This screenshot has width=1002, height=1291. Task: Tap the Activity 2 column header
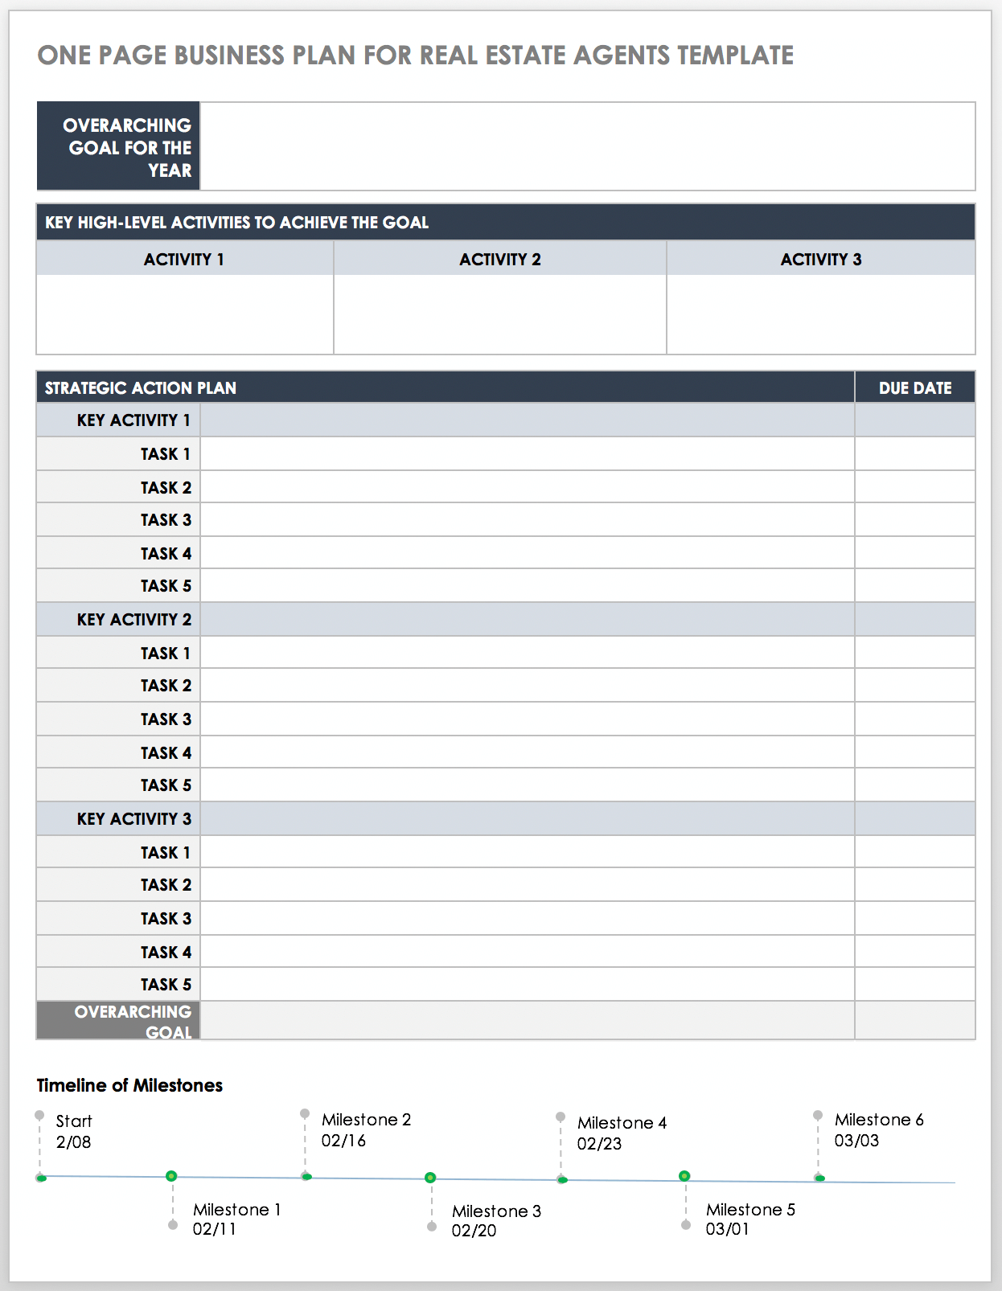click(500, 260)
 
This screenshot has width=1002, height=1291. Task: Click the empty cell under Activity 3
click(820, 314)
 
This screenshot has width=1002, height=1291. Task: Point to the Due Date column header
click(915, 388)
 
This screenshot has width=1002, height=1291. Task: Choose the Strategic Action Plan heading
click(141, 388)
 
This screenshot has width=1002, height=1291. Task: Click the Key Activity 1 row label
click(133, 420)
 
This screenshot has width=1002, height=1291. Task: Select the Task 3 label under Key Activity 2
click(166, 719)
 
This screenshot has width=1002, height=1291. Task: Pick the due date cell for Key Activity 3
click(915, 819)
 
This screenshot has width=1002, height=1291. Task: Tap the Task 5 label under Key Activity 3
click(166, 985)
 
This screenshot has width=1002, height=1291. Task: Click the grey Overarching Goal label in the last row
click(133, 1021)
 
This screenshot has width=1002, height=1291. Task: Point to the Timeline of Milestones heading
click(129, 1085)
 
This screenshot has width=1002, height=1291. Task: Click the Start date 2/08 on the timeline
click(73, 1142)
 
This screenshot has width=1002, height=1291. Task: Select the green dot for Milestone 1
click(171, 1176)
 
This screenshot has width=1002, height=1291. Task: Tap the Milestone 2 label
click(366, 1120)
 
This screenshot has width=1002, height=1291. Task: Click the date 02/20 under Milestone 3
click(474, 1231)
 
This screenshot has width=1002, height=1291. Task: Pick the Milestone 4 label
click(622, 1123)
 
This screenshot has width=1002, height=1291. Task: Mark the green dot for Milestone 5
click(684, 1176)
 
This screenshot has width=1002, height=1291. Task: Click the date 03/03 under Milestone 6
click(856, 1141)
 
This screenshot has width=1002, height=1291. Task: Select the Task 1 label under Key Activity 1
click(166, 454)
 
